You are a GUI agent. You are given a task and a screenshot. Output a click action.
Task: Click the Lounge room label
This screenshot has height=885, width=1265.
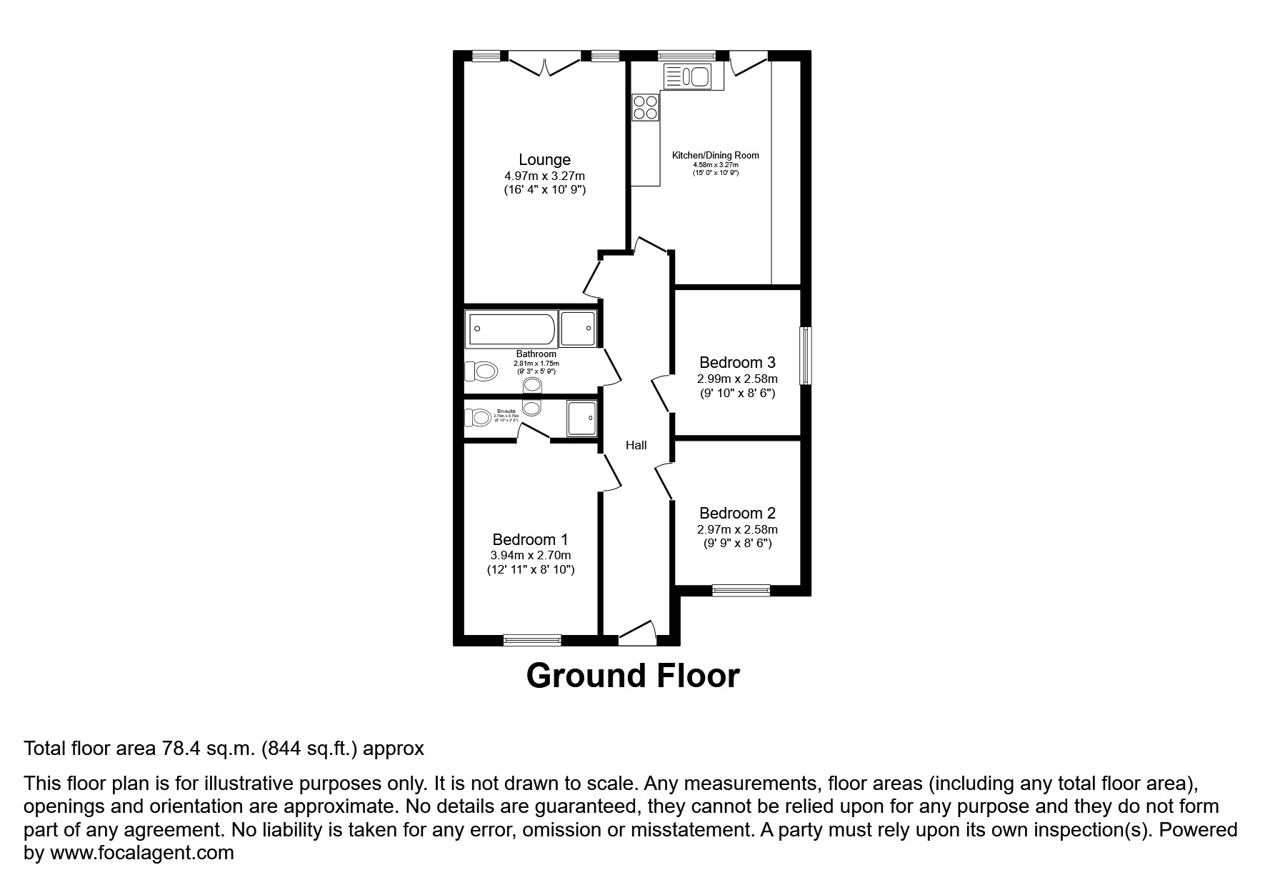(544, 160)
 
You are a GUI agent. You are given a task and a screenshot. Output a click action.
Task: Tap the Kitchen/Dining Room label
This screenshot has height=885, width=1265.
(715, 155)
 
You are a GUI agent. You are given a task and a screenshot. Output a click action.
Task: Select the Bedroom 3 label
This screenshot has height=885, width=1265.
(737, 363)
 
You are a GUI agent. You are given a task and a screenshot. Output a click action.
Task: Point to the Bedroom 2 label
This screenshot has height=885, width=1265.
(737, 513)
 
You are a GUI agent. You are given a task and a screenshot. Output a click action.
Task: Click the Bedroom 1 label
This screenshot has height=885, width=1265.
(530, 539)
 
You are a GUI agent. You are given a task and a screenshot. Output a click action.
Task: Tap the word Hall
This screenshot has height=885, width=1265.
(636, 445)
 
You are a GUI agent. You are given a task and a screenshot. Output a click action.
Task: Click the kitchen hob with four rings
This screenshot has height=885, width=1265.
(645, 108)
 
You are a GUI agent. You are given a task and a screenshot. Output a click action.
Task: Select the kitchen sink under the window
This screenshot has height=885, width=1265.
(686, 75)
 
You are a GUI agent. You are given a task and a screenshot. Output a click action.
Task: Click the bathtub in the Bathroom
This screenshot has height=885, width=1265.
(511, 329)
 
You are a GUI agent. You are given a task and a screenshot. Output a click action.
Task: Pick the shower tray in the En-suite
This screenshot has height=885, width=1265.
(581, 418)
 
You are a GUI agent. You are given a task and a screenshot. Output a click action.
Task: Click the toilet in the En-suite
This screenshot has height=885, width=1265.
(477, 417)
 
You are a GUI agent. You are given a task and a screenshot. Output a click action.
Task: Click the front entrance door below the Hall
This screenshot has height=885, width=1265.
(637, 634)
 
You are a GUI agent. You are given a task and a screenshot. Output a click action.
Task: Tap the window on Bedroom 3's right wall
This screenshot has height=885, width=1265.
(806, 356)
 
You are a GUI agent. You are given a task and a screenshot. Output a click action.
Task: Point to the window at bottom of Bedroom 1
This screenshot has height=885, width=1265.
(532, 640)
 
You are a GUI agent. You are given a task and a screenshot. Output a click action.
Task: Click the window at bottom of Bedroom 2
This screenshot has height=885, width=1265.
(741, 590)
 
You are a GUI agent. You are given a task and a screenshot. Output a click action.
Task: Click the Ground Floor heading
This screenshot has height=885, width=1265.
(633, 676)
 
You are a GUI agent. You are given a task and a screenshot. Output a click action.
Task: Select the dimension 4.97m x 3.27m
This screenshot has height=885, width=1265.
(544, 176)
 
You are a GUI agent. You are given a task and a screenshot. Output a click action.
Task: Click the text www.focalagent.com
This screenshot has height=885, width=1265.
(141, 852)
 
